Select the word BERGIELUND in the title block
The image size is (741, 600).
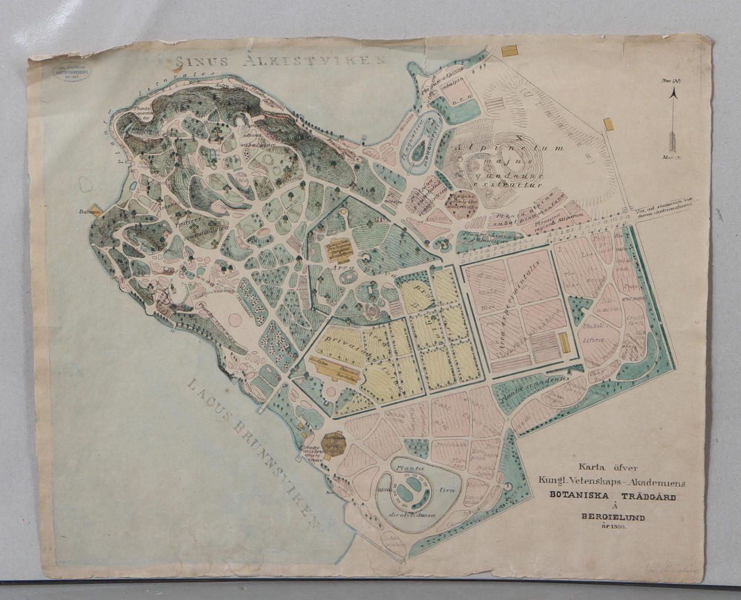click(x=613, y=517)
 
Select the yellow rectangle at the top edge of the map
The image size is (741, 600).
click(x=508, y=51)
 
